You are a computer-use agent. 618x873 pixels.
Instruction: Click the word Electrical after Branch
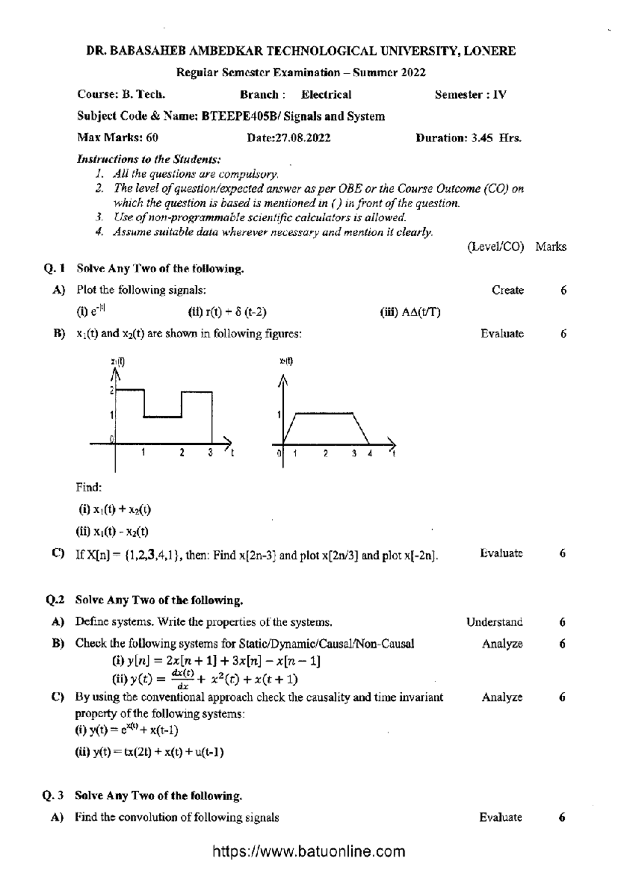[x=326, y=95]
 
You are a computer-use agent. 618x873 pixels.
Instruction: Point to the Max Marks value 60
[x=152, y=138]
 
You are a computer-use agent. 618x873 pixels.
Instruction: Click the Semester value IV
[x=500, y=95]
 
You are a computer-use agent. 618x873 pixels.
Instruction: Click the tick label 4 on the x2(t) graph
[x=370, y=454]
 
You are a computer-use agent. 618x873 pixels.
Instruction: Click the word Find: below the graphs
[x=89, y=487]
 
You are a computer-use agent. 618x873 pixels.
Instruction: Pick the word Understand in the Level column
[x=494, y=622]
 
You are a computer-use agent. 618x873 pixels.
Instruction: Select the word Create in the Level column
[x=508, y=290]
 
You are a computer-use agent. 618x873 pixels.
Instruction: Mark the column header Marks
[x=551, y=247]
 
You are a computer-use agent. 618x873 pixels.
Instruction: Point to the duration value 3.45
[x=483, y=138]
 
